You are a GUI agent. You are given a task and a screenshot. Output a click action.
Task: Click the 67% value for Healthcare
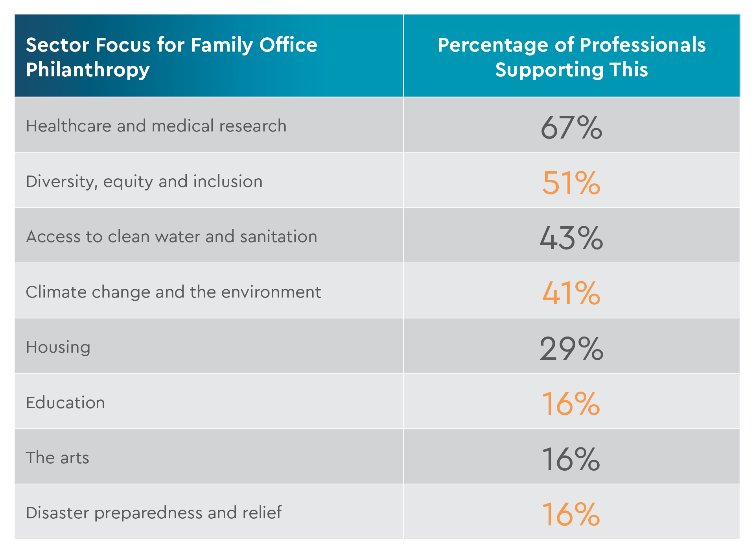coord(571,128)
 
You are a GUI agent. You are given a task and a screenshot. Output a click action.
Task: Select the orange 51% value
coord(571,183)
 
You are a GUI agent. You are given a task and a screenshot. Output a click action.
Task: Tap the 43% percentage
coord(571,238)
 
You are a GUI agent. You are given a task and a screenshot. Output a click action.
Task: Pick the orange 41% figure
coord(571,293)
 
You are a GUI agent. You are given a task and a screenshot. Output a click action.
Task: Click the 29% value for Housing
coord(571,349)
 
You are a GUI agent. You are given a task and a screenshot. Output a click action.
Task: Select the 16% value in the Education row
coord(571,404)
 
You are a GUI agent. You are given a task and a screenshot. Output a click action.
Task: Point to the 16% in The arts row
coord(571,459)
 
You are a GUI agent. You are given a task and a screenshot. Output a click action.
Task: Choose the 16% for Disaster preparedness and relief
coord(571,514)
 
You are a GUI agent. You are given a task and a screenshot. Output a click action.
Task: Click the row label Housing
coord(58,348)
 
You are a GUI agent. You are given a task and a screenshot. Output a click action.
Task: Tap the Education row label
coord(65,403)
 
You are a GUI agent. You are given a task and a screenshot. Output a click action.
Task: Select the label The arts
coord(57,458)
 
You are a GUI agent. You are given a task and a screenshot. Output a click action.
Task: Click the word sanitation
coord(278,237)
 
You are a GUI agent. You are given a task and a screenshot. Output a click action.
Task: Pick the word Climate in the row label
coord(56,292)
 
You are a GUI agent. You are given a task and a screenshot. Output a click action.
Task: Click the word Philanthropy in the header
coord(88,70)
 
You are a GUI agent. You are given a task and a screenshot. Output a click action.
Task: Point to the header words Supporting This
coord(571,70)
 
